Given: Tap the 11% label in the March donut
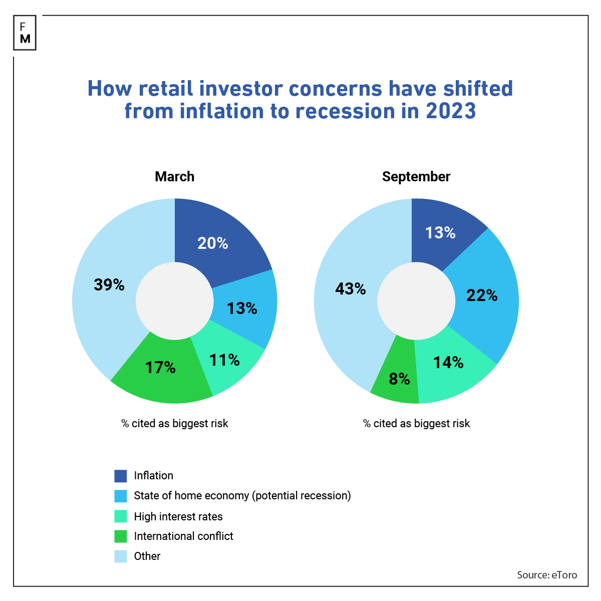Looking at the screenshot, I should tap(224, 360).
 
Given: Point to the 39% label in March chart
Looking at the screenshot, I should tap(109, 285).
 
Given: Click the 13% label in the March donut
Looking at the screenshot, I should tap(242, 309).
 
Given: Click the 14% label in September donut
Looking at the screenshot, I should tap(448, 363).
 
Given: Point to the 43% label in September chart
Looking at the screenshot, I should tap(351, 289).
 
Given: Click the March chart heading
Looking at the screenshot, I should tap(174, 177).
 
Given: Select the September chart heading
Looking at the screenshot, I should tap(416, 177).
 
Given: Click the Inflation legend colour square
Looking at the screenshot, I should tap(121, 476).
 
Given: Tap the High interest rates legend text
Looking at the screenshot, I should tap(178, 516).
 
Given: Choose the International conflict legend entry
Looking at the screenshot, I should tap(183, 536).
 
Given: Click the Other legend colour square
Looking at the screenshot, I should tap(121, 556).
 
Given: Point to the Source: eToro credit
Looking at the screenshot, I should tap(546, 575).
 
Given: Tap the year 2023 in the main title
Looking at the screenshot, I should tap(450, 111).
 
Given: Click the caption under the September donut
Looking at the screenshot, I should tap(416, 424).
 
